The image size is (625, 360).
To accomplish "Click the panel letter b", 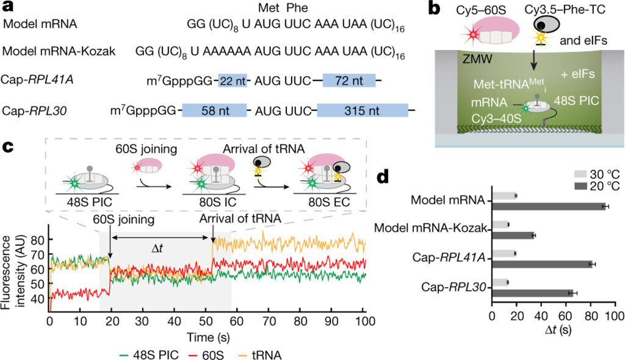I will click(x=434, y=11).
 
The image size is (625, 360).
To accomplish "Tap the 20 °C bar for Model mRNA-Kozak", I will click(x=513, y=236).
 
